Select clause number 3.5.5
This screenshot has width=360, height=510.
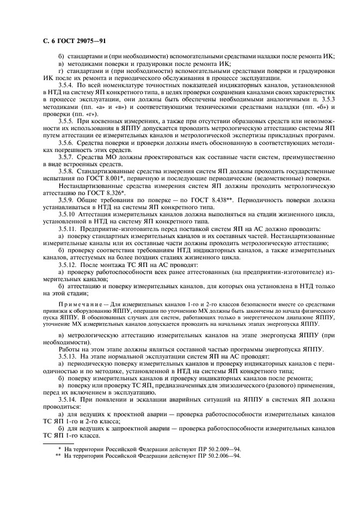click(67, 119)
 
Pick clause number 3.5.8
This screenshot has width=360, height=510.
click(67, 170)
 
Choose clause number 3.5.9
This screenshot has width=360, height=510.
click(67, 199)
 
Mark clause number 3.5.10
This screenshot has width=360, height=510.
click(68, 215)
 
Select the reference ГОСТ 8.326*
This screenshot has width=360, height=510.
click(108, 192)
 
